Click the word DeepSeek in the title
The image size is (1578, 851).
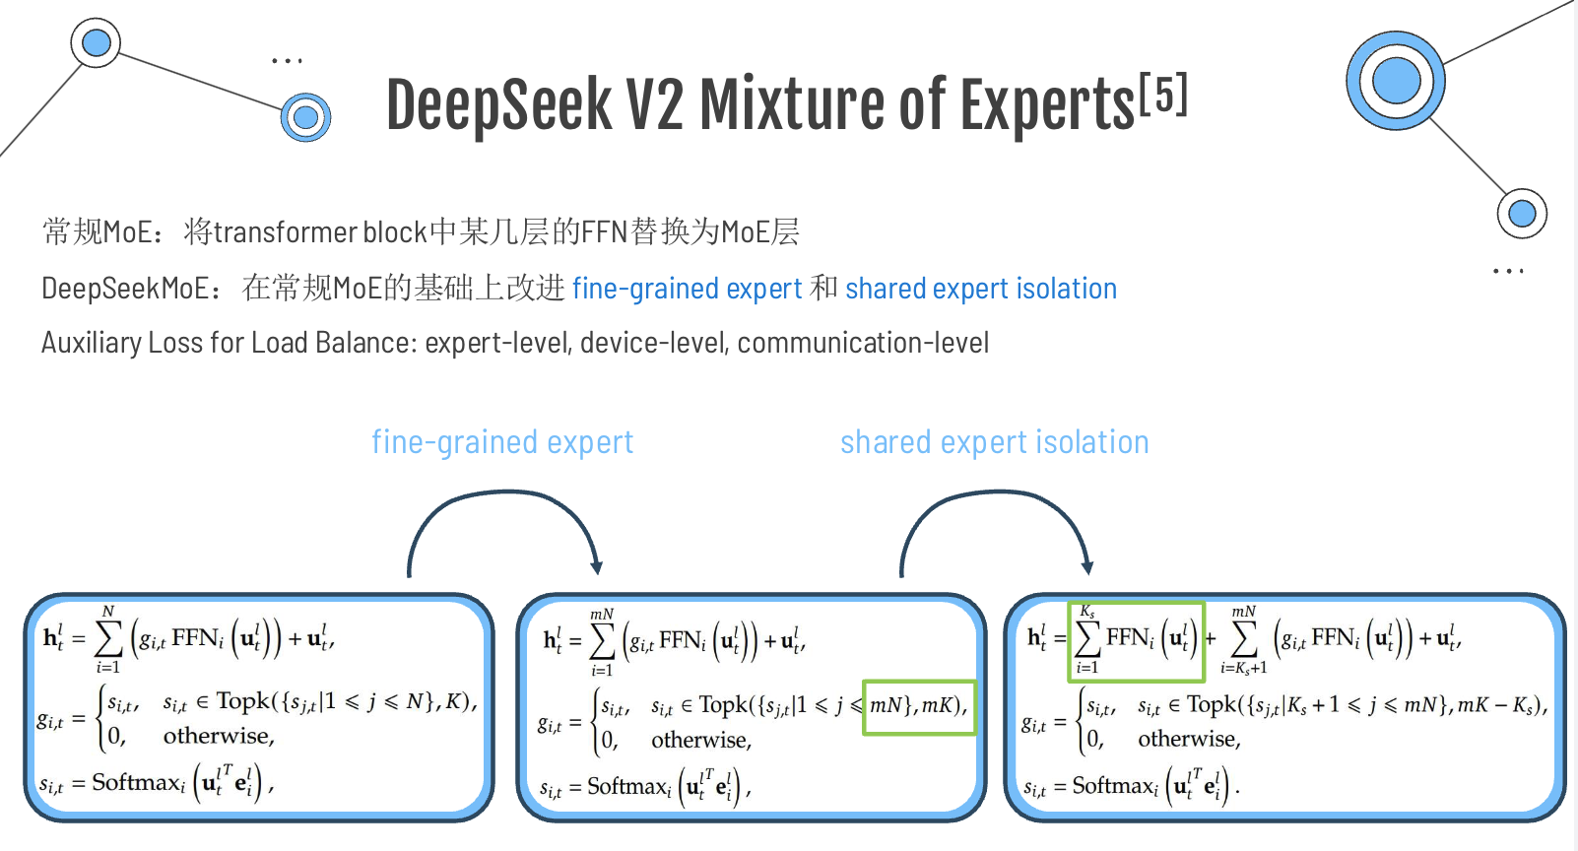[498, 104]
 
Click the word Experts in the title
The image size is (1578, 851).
[1047, 104]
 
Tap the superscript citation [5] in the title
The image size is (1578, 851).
[1163, 95]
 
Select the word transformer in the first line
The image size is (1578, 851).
[285, 232]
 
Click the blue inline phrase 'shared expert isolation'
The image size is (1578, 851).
[980, 289]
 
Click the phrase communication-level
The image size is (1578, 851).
[863, 343]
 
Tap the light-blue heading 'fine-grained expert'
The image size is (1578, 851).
[502, 442]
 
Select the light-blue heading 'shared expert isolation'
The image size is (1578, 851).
[994, 442]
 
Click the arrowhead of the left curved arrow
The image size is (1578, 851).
[596, 566]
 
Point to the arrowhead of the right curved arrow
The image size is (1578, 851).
[1087, 566]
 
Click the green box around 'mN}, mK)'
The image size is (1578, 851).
[918, 706]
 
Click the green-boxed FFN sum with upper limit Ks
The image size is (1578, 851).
[1136, 641]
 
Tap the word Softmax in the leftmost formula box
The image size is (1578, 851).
[137, 783]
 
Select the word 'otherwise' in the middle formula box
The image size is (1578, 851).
[700, 741]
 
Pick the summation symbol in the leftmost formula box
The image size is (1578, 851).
[108, 640]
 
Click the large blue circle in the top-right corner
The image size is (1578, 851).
[1396, 81]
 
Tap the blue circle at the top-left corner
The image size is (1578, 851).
[97, 42]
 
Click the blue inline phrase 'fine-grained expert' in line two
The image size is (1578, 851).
[687, 289]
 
